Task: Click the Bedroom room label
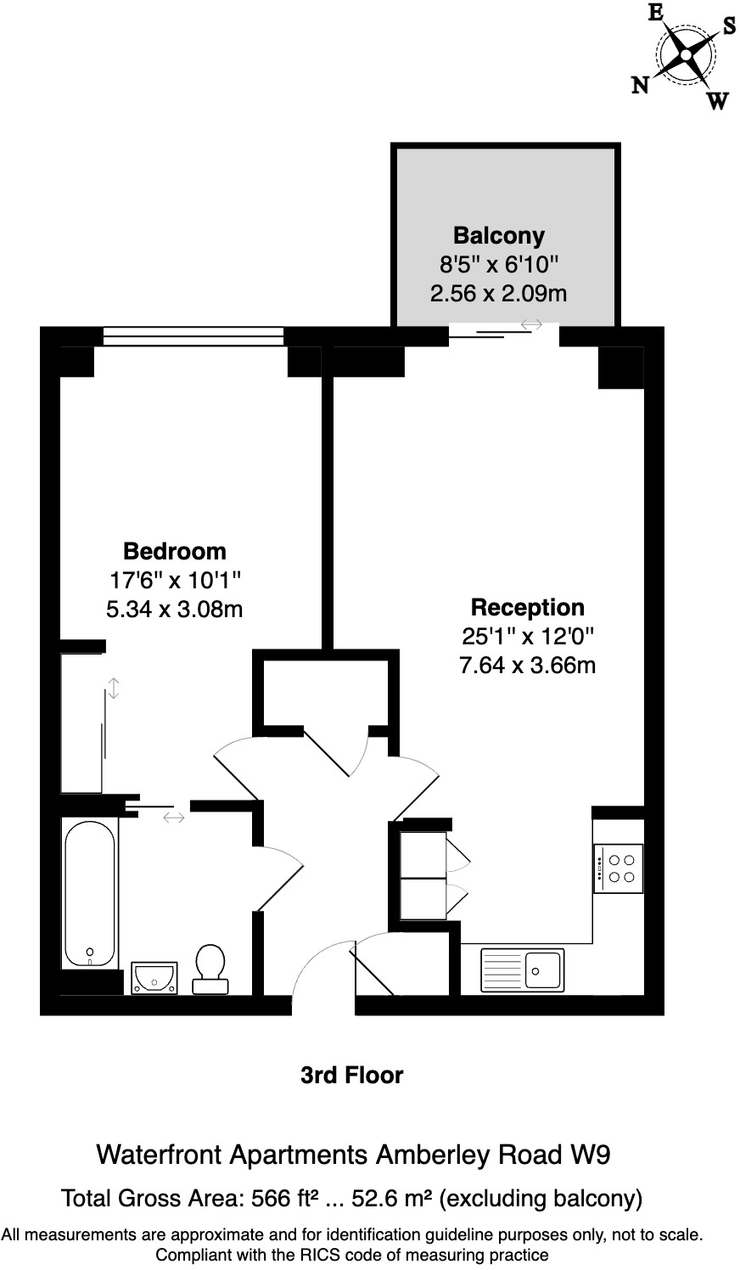(x=175, y=551)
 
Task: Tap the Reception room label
(x=527, y=607)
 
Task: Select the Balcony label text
(x=498, y=235)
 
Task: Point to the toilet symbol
(x=210, y=969)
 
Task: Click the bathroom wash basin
(x=154, y=977)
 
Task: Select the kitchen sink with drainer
(x=522, y=969)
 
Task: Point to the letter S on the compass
(x=729, y=25)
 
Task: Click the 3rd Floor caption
(x=351, y=1076)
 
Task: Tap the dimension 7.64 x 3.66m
(x=527, y=665)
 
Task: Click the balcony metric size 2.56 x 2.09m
(x=498, y=294)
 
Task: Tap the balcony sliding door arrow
(x=531, y=323)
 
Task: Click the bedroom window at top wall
(x=193, y=336)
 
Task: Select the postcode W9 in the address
(x=589, y=1155)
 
